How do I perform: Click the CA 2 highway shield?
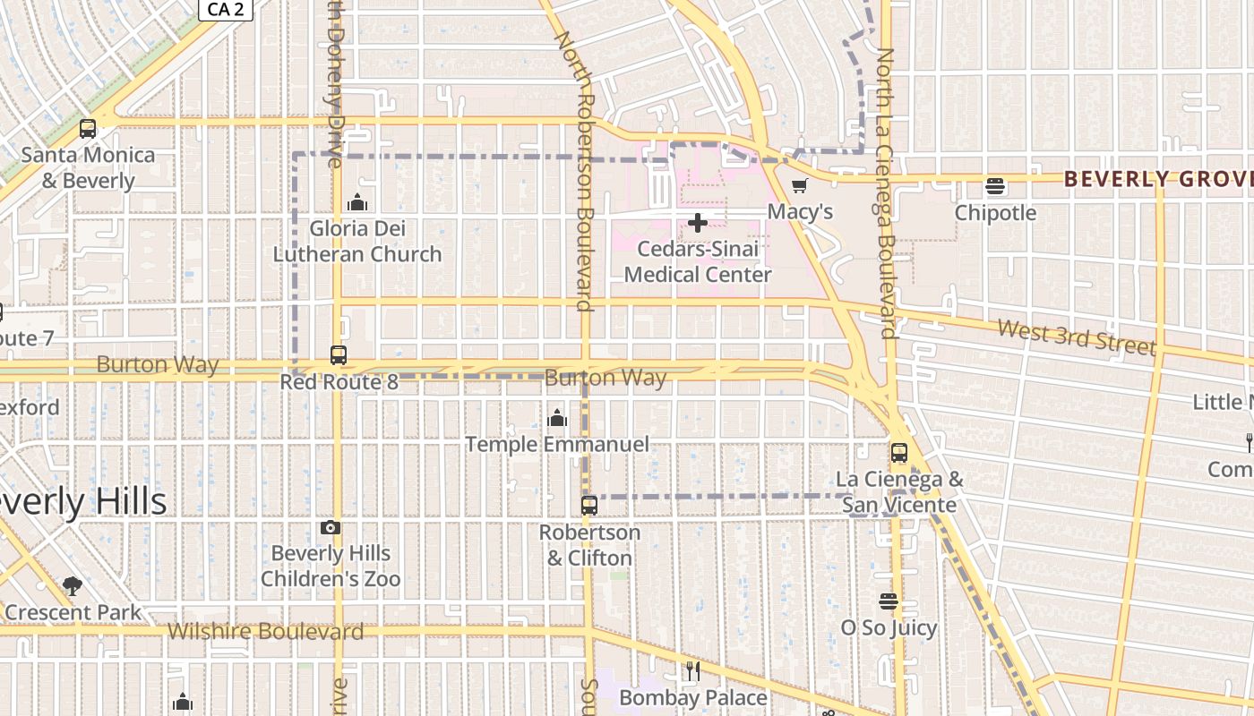tap(225, 9)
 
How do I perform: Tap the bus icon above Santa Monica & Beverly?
tap(87, 129)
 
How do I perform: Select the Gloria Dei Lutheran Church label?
tap(357, 242)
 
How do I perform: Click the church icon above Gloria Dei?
tap(357, 201)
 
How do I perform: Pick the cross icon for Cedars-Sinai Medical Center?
tap(697, 223)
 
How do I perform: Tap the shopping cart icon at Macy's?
tap(800, 186)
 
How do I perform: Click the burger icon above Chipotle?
tap(995, 187)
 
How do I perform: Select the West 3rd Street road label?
tap(1076, 337)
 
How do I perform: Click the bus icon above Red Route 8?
tap(339, 355)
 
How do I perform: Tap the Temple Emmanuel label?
tap(557, 444)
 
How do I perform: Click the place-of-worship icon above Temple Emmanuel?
tap(557, 418)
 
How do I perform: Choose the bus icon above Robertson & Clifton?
tap(589, 506)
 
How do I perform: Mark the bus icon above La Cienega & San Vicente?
tap(899, 453)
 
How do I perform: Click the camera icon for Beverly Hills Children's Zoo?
tap(331, 528)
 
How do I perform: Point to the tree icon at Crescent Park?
tap(73, 587)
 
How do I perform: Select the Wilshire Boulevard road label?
tap(266, 632)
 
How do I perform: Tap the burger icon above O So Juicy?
tap(889, 601)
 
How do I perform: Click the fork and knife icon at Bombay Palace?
tap(692, 670)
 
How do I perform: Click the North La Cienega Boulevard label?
tap(887, 193)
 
